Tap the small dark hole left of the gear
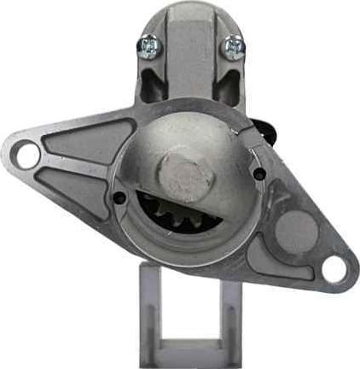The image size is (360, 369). click(119, 197)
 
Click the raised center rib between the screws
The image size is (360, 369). click(189, 51)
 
